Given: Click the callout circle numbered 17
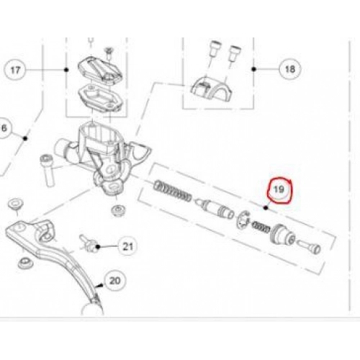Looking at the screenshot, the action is coord(15,70).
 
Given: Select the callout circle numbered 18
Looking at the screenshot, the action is coord(290,69).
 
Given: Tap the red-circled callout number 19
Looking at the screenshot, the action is coord(279,189).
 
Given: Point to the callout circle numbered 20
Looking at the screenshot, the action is coord(115,280).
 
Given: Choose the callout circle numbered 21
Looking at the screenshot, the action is coord(127,246).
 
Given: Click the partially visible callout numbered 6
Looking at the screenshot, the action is coord(4,128).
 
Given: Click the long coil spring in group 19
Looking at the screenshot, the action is coord(173,191).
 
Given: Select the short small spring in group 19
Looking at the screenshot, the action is coord(260,227).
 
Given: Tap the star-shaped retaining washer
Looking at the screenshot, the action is coord(243,220).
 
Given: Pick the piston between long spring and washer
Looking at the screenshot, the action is coord(215,207).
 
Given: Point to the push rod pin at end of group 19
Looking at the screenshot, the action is coord(309,246).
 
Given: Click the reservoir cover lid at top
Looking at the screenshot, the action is coord(100,71).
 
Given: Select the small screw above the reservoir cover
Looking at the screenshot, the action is coord(108,53).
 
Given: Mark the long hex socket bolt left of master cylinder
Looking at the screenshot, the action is coord(48,170).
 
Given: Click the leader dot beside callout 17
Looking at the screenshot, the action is coord(66,70).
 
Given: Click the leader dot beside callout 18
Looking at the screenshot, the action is coord(254,69).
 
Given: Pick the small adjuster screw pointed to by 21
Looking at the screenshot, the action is coord(88,243).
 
